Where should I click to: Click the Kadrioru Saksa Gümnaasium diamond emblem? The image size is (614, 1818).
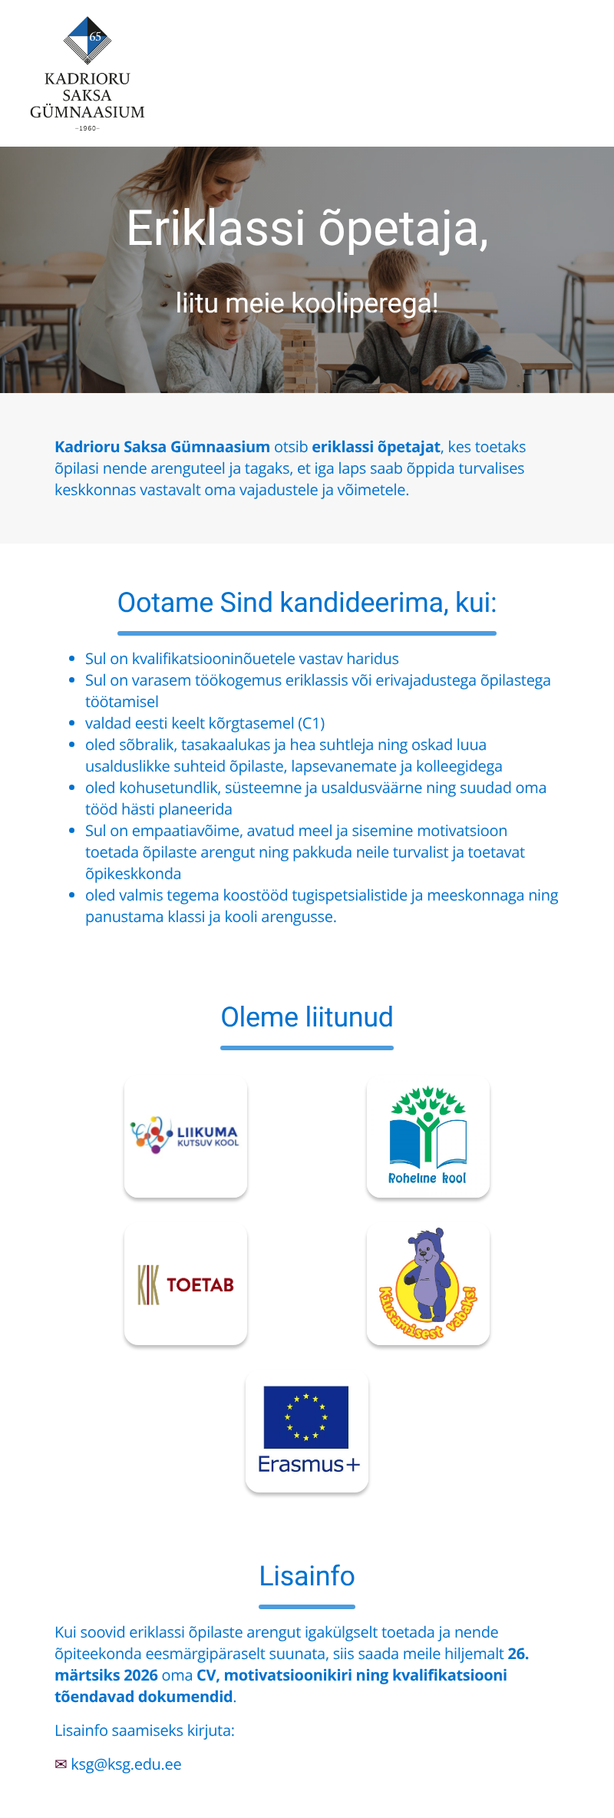coord(87,40)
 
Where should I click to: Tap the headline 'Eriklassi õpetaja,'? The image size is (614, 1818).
coord(307,228)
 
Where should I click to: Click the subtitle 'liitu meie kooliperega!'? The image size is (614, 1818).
coord(307,303)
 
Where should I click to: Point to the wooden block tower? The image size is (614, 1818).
coord(299,353)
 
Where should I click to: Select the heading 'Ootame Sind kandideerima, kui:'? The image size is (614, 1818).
coord(307,603)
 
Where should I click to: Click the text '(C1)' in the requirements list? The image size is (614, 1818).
coord(311,723)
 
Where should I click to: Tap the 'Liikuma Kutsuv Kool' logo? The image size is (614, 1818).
coord(186,1135)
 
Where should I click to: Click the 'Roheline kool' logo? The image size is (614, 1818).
coord(428,1135)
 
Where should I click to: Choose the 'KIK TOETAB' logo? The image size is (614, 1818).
coord(186,1284)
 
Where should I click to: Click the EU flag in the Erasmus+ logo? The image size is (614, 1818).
coord(306,1416)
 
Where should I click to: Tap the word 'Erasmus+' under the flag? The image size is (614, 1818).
coord(308,1464)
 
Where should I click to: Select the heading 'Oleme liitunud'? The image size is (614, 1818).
coord(307,1017)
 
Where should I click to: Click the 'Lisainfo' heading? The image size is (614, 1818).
coord(307,1576)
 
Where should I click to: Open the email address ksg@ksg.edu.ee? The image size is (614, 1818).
coord(127,1764)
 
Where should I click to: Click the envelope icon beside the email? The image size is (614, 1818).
coord(61,1764)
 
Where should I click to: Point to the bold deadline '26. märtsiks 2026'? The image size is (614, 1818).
coord(106,1675)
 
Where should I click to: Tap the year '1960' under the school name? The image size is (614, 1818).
coord(87,128)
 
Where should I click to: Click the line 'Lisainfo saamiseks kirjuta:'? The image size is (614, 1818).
coord(144,1730)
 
